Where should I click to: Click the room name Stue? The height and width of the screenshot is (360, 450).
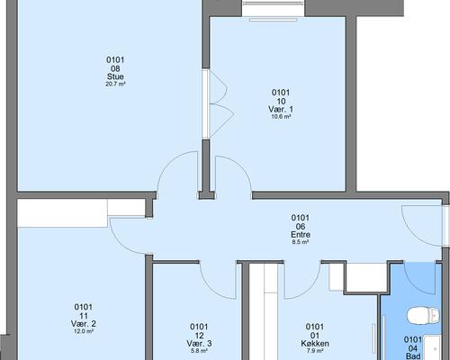tap(115, 76)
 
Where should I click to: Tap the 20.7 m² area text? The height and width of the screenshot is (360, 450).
tap(115, 84)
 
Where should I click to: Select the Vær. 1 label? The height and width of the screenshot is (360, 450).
tap(281, 109)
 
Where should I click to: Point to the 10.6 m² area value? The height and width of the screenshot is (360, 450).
tap(281, 117)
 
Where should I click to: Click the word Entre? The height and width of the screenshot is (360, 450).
tap(301, 234)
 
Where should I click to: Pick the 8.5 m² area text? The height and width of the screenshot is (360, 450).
tap(301, 241)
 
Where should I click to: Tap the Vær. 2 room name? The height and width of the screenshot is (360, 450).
tap(84, 324)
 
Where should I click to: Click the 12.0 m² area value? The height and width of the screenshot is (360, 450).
tap(84, 331)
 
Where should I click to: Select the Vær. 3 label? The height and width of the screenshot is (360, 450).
tap(199, 343)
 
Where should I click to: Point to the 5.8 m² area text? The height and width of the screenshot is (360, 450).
tap(199, 350)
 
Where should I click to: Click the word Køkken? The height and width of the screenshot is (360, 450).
tap(315, 343)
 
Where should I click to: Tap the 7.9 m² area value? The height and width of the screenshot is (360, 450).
tap(315, 350)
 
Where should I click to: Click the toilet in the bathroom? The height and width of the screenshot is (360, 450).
tap(423, 315)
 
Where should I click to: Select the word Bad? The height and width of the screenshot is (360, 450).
tap(413, 356)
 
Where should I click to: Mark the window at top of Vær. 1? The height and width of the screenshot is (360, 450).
tap(274, 20)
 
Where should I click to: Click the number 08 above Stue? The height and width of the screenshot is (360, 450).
tap(115, 68)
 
